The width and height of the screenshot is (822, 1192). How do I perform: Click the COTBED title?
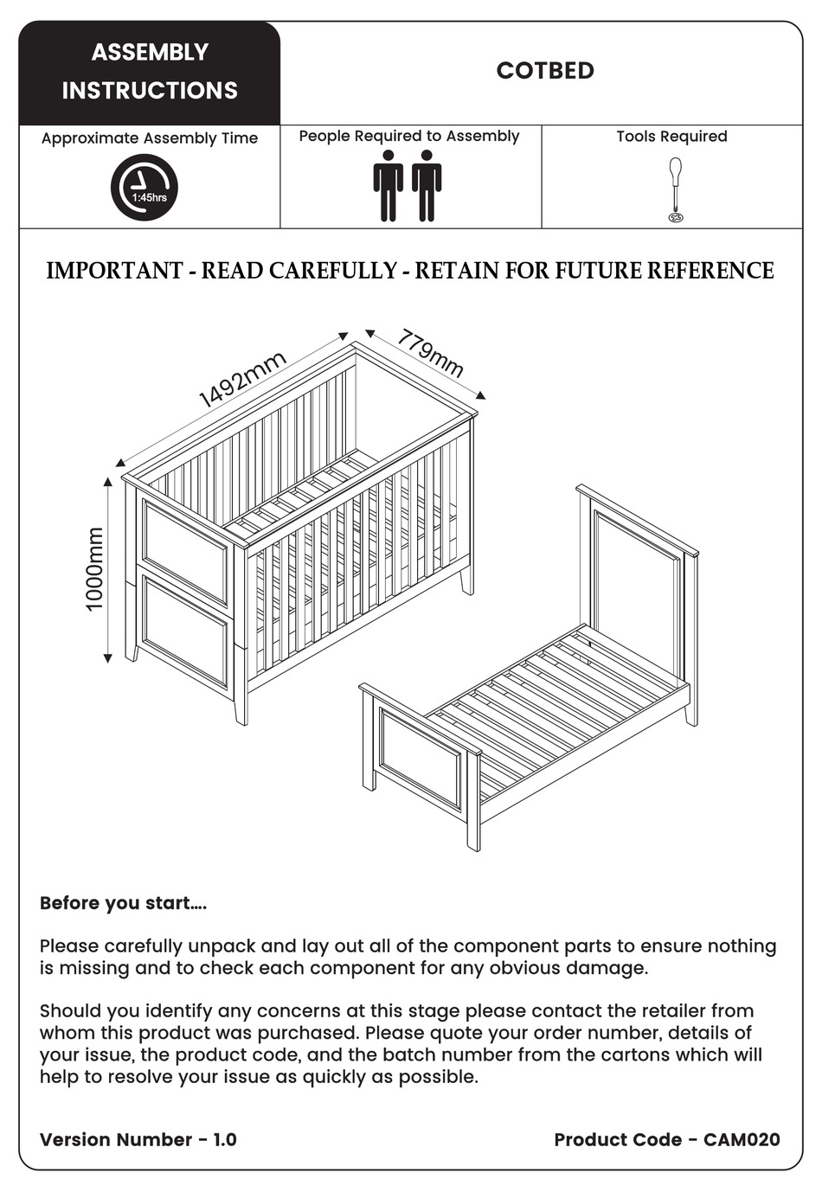pos(545,71)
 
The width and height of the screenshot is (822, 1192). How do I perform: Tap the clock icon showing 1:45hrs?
pos(144,188)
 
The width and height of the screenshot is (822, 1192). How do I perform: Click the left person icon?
pos(389,185)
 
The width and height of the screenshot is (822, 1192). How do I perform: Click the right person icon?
pos(427,185)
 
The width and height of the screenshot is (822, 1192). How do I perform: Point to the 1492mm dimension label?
pos(241,381)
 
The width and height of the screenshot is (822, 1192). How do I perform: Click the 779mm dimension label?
pos(430,354)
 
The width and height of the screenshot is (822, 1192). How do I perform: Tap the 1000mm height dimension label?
pos(94,569)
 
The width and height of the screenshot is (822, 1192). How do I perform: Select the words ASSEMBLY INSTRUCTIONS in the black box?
pos(150,72)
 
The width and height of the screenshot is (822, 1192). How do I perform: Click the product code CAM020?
pos(742,1139)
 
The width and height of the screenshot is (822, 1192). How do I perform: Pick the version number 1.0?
pos(225,1139)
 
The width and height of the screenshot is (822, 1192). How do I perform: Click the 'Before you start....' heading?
pos(123,903)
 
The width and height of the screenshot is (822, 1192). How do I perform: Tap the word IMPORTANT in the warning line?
pos(113,271)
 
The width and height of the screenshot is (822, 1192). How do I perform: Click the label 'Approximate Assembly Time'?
pos(150,138)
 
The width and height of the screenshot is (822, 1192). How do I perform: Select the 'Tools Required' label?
pos(671,137)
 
